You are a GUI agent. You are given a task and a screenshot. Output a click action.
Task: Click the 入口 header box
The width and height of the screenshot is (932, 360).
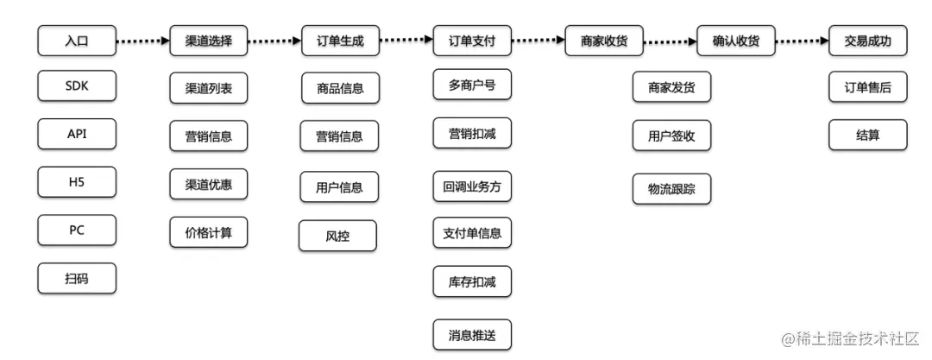[x=77, y=40]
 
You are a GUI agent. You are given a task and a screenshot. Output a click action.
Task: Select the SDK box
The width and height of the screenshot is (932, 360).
[x=77, y=86]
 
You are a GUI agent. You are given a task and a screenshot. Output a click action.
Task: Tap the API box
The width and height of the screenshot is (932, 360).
[x=77, y=134]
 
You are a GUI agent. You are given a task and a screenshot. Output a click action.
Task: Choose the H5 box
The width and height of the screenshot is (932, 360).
[x=77, y=182]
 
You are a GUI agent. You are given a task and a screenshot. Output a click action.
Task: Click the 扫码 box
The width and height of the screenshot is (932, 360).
[x=77, y=278]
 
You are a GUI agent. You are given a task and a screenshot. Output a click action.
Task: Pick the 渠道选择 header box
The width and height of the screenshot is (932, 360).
[x=208, y=40]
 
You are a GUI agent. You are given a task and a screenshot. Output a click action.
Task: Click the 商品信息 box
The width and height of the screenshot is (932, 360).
[x=340, y=88]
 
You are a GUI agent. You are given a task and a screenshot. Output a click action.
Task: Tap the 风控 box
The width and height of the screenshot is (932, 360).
[x=337, y=236]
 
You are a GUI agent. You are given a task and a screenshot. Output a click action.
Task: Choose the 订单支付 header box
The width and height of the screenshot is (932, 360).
[x=472, y=40]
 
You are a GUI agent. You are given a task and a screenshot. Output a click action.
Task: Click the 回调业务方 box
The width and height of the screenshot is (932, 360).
[x=472, y=186]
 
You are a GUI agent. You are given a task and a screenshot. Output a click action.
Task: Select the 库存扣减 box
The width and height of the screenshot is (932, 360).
[x=472, y=281]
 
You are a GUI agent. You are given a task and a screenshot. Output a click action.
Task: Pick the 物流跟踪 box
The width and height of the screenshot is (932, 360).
[x=671, y=189]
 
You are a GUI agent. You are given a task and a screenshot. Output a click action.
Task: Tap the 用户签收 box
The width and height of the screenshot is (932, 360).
[x=671, y=136]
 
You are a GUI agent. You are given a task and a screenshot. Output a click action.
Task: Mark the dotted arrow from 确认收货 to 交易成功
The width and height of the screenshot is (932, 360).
[x=800, y=41]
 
